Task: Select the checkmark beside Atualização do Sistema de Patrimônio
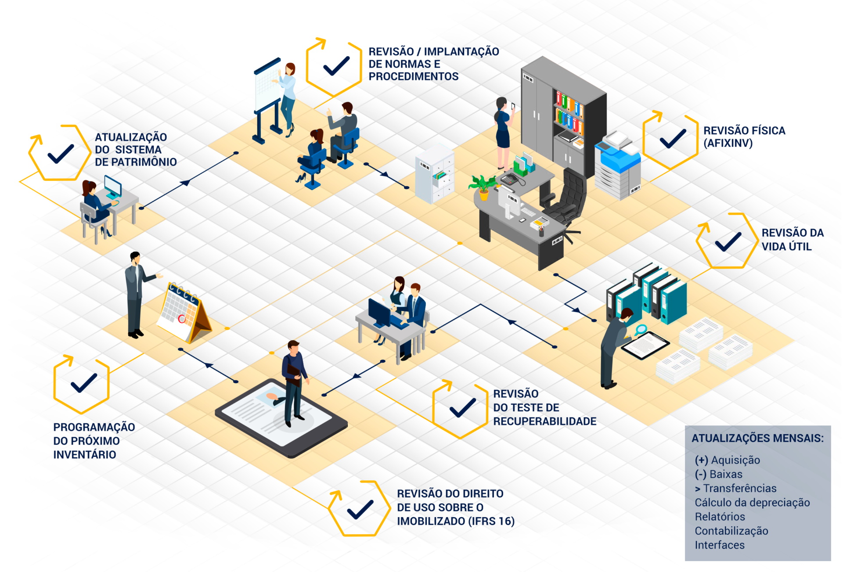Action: point(60,154)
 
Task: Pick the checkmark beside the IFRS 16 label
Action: point(360,510)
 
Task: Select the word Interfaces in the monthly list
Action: point(720,545)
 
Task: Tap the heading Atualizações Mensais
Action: point(757,438)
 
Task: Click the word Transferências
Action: point(740,488)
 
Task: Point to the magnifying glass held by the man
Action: point(641,329)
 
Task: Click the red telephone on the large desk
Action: point(510,179)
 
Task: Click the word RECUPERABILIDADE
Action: point(544,421)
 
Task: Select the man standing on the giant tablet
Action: point(294,382)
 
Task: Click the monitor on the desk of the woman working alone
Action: point(112,187)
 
